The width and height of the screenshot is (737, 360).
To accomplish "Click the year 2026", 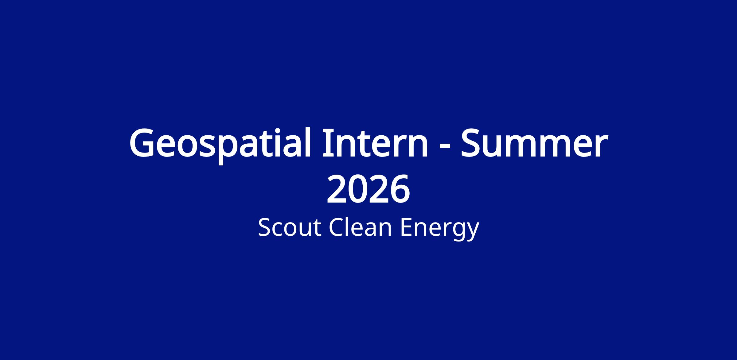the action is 368,189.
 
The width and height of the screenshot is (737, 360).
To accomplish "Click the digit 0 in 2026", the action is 358,189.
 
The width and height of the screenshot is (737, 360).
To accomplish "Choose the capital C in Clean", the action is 337,228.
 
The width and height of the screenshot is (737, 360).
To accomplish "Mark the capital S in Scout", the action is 264,228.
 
